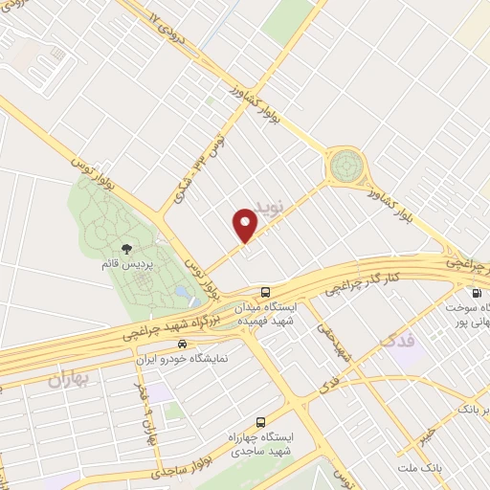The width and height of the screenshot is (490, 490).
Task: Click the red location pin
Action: point(246,225)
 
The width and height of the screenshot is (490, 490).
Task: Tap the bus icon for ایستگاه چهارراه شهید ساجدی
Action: point(260,422)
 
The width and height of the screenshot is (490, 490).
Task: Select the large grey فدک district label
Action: point(399,340)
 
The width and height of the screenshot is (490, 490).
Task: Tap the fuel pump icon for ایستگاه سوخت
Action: point(476,293)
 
